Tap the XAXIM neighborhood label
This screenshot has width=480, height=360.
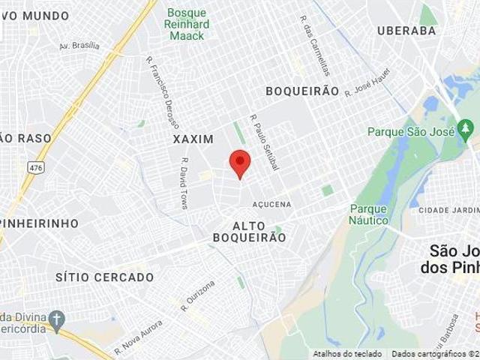point(193,139)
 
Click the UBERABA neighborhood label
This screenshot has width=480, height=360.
point(406,31)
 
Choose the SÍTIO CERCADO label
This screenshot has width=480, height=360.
point(105,277)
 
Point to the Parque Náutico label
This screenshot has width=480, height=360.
point(368,214)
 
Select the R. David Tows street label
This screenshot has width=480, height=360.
point(184,182)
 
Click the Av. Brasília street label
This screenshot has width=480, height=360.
point(79,46)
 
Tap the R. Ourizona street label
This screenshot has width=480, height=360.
point(198,295)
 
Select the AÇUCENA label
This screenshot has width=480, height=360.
point(271,204)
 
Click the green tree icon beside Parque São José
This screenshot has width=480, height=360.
point(466,132)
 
